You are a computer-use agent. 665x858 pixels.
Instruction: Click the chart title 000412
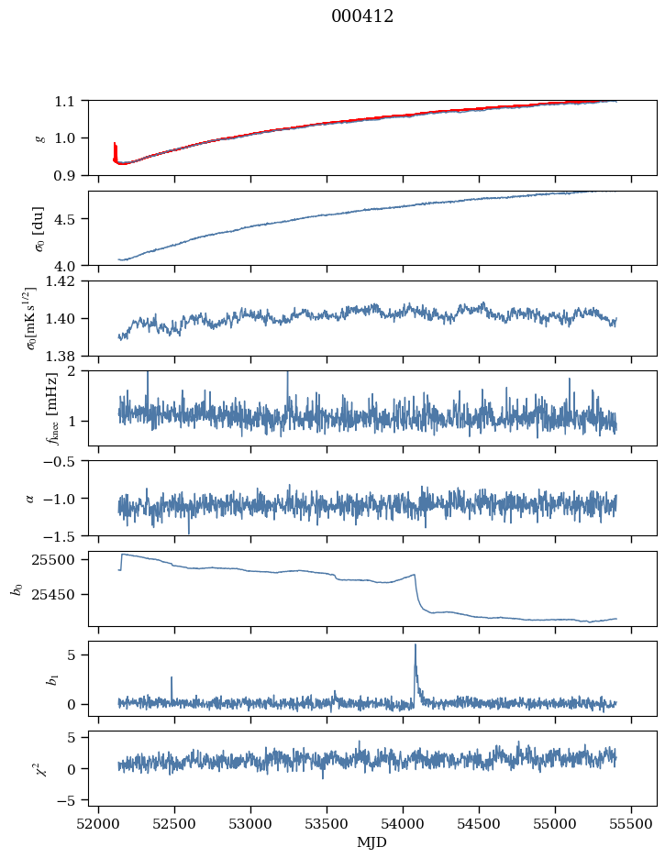(362, 16)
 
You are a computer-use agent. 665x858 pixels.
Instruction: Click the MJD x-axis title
(372, 841)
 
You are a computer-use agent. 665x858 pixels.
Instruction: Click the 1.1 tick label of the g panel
(70, 100)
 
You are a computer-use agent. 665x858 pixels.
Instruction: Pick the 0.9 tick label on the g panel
(70, 175)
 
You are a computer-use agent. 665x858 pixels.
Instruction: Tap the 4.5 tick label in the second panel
(70, 219)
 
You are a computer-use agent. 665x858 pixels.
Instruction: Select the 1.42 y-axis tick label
(65, 281)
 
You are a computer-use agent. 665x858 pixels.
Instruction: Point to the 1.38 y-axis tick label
(65, 356)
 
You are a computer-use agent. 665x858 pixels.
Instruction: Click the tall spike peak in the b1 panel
(416, 644)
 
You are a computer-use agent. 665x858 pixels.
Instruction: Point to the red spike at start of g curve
(115, 145)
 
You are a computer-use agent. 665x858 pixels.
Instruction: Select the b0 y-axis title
(16, 588)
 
